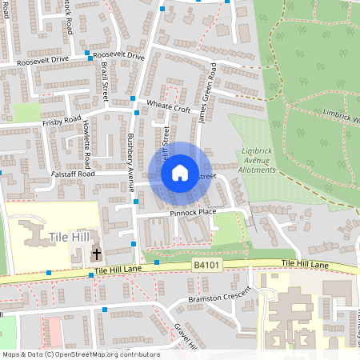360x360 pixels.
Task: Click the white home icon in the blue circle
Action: click(180, 172)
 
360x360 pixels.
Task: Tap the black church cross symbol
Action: click(97, 254)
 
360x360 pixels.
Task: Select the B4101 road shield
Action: click(206, 263)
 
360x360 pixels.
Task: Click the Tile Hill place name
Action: click(69, 238)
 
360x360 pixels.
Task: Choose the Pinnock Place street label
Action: click(193, 212)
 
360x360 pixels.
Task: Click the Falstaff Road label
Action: click(73, 173)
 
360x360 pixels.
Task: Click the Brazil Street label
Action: click(105, 82)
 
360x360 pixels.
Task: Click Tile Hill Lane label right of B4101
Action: click(305, 264)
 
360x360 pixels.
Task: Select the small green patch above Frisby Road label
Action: click(26, 113)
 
